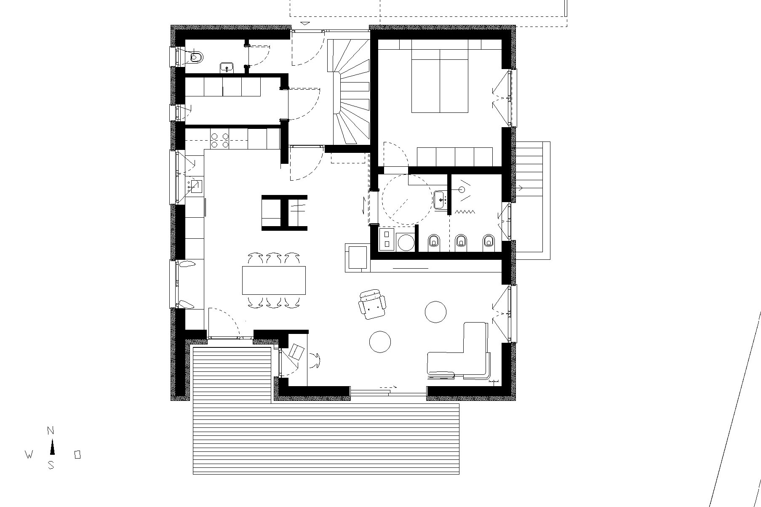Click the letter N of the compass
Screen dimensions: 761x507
click(x=51, y=431)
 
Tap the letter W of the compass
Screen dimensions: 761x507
click(x=29, y=455)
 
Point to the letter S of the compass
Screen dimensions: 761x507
click(x=51, y=465)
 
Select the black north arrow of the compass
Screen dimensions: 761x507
click(x=52, y=447)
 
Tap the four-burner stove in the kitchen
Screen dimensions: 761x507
click(x=219, y=140)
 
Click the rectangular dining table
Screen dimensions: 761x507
click(x=274, y=280)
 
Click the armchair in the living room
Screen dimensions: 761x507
click(x=372, y=304)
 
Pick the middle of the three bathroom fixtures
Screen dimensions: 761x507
click(x=462, y=241)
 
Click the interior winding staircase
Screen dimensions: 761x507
click(x=349, y=92)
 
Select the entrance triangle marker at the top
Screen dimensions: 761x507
click(x=306, y=23)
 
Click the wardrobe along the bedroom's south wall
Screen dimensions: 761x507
click(x=455, y=157)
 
